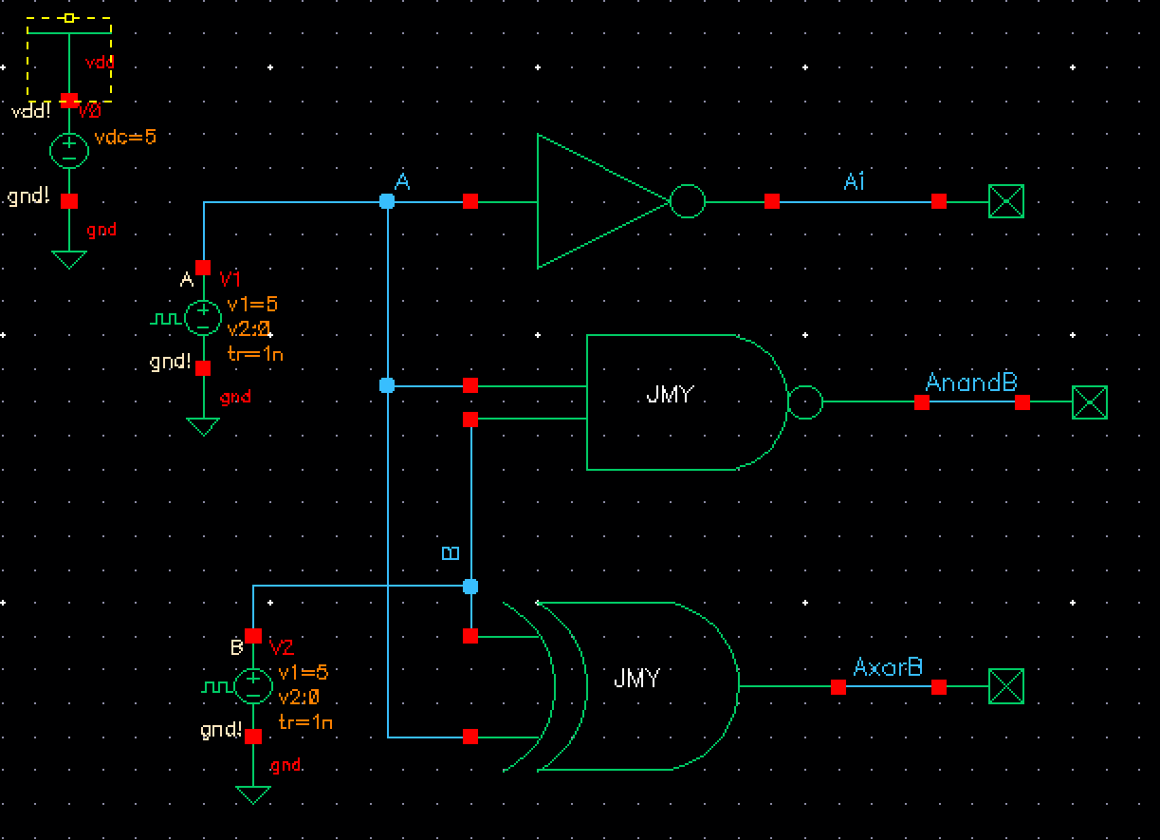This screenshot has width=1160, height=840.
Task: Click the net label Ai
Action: (x=855, y=181)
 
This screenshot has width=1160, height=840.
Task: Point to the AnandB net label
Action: (x=970, y=383)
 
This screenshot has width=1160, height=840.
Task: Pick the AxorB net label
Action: (x=888, y=667)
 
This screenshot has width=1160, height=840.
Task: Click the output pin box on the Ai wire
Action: (x=1006, y=201)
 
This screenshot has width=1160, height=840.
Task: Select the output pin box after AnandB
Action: (x=1090, y=402)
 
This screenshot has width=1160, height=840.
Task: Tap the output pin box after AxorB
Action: (x=1006, y=686)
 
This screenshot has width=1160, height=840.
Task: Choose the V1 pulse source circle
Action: (x=202, y=318)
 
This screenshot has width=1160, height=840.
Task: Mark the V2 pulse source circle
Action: (x=253, y=685)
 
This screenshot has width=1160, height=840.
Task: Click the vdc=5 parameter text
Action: (x=125, y=138)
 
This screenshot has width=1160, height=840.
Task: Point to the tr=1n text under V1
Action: (x=255, y=354)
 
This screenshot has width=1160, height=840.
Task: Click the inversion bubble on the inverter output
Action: (x=688, y=201)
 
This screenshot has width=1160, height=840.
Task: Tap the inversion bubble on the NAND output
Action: (x=805, y=402)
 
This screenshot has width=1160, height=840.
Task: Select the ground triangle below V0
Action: (x=68, y=259)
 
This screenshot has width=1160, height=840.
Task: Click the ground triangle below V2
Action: (x=253, y=794)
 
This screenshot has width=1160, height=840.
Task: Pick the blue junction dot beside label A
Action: (x=387, y=201)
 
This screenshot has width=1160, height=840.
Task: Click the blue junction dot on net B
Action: (x=470, y=587)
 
